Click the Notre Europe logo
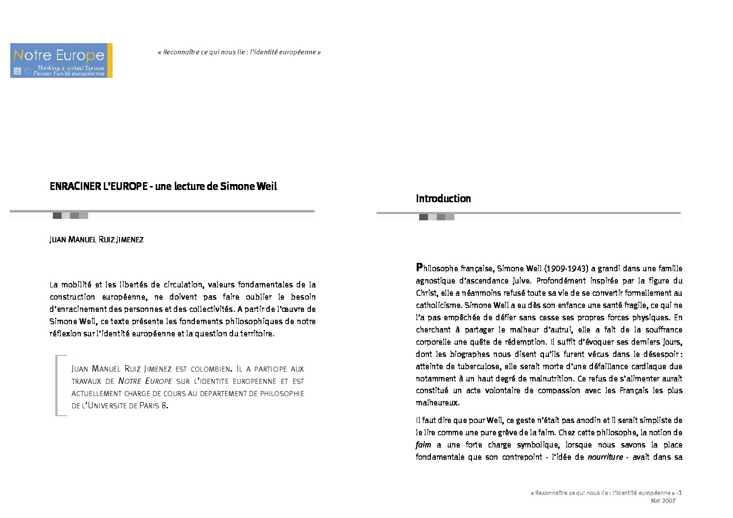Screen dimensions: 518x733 pyautogui.click(x=61, y=60)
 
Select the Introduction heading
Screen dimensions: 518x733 pyautogui.click(x=443, y=199)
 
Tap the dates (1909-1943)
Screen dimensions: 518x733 pyautogui.click(x=566, y=268)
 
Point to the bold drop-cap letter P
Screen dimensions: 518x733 pyautogui.click(x=419, y=267)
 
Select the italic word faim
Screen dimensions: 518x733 pyautogui.click(x=424, y=445)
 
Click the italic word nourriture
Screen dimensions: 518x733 pyautogui.click(x=605, y=457)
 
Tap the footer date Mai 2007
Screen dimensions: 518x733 pyautogui.click(x=663, y=500)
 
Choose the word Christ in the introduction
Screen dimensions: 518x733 pyautogui.click(x=426, y=293)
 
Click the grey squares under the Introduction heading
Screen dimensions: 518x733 pyautogui.click(x=437, y=217)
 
